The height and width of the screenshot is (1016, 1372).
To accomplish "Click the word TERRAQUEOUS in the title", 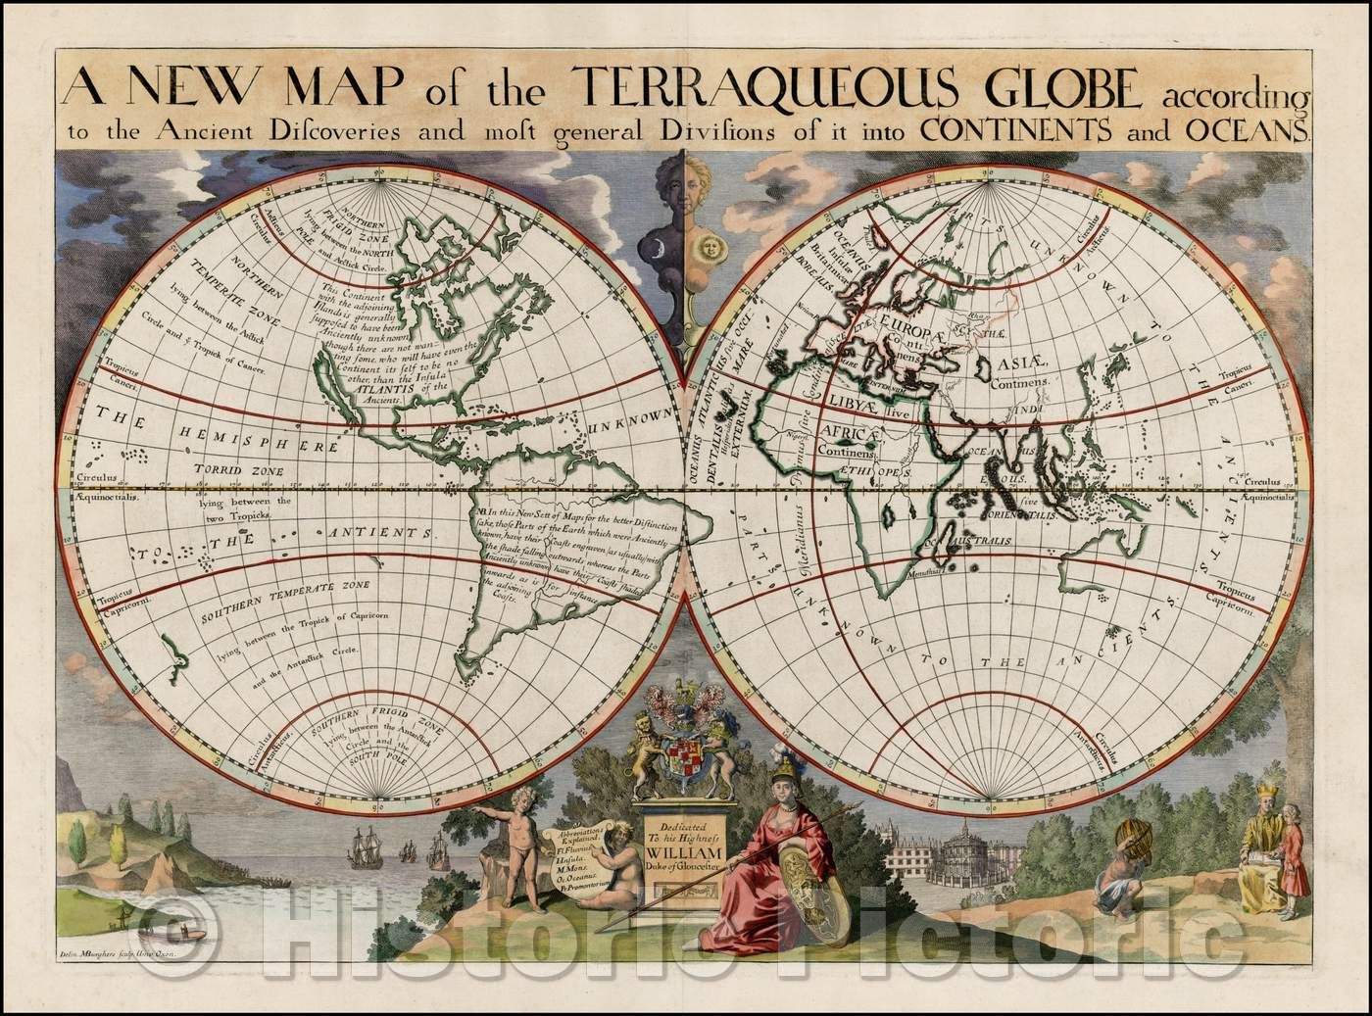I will tap(719, 91).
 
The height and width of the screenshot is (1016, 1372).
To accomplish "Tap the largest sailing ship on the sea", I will tap(361, 845).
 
